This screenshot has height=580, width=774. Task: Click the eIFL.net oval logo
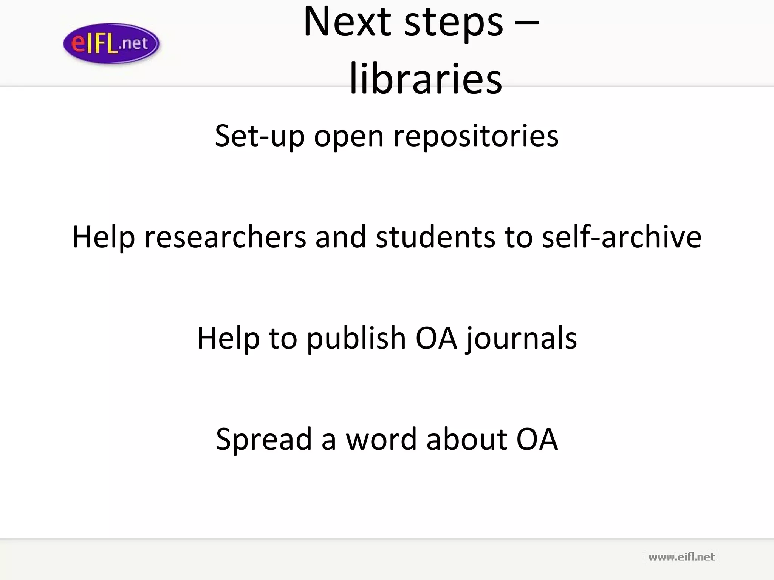[x=111, y=43]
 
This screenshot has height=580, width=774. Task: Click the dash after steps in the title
[x=527, y=23]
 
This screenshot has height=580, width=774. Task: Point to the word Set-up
[x=260, y=136]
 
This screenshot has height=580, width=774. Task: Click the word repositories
[x=476, y=137]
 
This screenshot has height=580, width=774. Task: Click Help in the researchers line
[x=104, y=238]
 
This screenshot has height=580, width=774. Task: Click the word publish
[x=356, y=338]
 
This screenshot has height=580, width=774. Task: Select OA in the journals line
[x=436, y=338]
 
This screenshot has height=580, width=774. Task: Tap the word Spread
[x=263, y=440]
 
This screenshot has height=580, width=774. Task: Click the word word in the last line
[x=381, y=440]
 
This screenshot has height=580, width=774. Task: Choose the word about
[x=466, y=440]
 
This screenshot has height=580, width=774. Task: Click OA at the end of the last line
[x=537, y=440]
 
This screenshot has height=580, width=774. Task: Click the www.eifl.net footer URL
[x=681, y=557]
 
